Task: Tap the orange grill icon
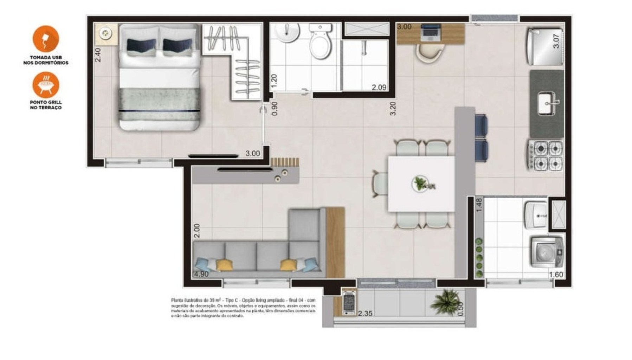46,85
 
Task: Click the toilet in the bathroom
320,42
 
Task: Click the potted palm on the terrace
447,301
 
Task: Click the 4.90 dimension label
201,274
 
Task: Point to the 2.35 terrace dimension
365,313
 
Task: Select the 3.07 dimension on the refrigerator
556,41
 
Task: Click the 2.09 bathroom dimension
379,87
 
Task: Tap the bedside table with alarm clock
105,34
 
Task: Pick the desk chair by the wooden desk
429,53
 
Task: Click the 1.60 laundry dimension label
556,275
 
